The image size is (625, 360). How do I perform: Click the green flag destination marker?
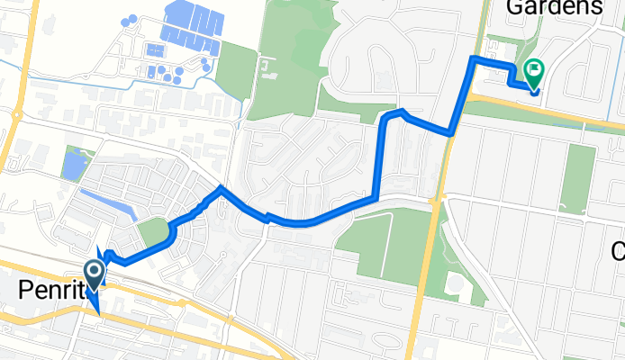535,68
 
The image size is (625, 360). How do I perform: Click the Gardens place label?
554,7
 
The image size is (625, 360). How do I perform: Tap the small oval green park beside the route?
155,233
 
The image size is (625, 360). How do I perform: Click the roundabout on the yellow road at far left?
17,114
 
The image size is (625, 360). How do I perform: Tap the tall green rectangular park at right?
577,178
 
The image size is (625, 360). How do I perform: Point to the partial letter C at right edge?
619,249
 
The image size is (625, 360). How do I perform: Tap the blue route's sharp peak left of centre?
221,188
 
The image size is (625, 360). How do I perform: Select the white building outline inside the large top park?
262,66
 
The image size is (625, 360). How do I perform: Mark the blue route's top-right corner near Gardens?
474,59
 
